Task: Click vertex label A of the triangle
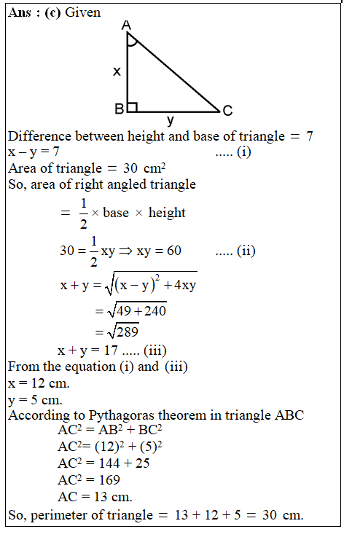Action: point(127,26)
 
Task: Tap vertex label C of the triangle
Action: point(227,111)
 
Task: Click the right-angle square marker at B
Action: point(132,107)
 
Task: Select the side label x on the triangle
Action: point(116,71)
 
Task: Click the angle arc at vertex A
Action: point(131,42)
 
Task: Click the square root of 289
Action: point(116,330)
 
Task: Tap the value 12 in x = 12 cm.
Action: point(36,383)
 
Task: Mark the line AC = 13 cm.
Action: point(94,497)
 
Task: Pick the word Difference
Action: point(39,136)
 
